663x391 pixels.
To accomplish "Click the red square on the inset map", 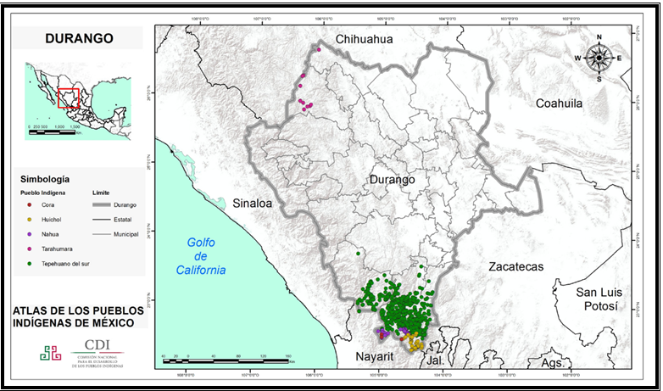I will [x=70, y=98].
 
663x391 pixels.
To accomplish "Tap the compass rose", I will [x=599, y=58].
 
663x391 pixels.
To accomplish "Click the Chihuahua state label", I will [x=365, y=40].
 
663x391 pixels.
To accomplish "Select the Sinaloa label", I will [x=252, y=204].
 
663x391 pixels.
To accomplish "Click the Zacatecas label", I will [x=515, y=266].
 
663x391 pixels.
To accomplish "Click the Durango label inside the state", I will [x=391, y=181].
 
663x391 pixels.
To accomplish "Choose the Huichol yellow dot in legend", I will [x=30, y=218].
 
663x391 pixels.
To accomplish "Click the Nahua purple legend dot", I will [x=30, y=232].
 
